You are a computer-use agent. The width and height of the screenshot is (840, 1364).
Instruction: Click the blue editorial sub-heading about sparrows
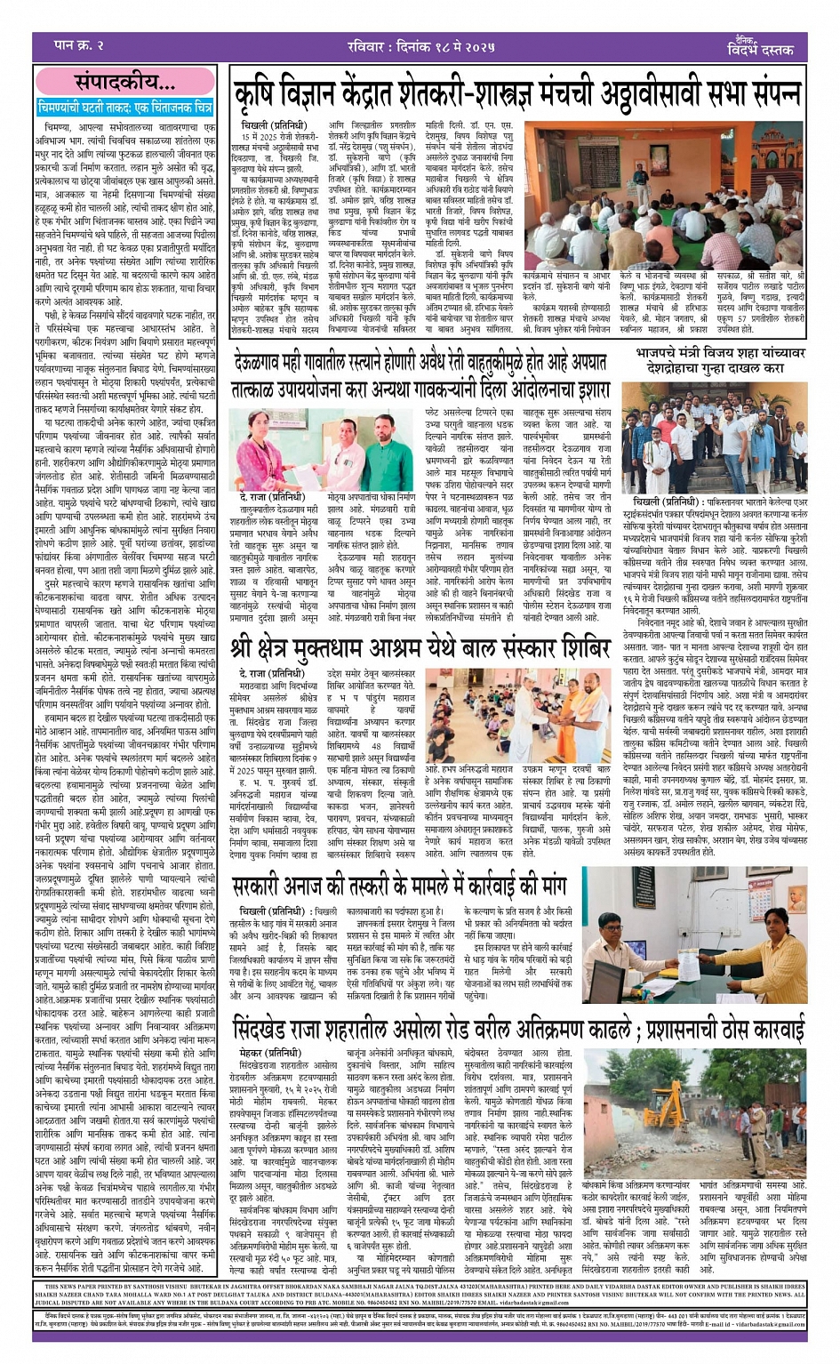point(125,107)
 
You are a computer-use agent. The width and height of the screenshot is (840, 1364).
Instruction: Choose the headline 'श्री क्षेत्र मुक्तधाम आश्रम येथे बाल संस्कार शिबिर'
point(420,650)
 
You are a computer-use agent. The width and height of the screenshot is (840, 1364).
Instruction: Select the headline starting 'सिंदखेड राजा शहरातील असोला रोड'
point(519,1031)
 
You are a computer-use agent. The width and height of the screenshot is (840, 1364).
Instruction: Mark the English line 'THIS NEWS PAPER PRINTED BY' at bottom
point(116,1286)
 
